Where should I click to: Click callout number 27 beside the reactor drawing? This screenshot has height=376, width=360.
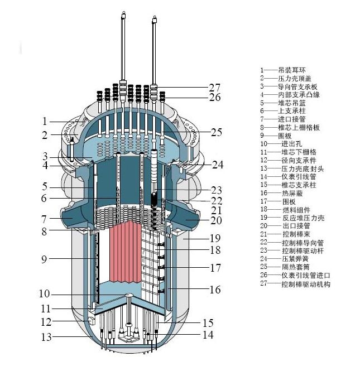pos(215,87)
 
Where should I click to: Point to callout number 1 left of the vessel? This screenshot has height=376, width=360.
pos(45,121)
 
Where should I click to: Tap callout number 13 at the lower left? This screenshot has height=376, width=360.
pos(45,336)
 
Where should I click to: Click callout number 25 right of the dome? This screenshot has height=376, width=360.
pos(216,132)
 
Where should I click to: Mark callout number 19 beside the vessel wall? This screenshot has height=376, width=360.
pos(215,237)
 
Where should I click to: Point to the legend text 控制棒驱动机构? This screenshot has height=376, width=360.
pos(306,284)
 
